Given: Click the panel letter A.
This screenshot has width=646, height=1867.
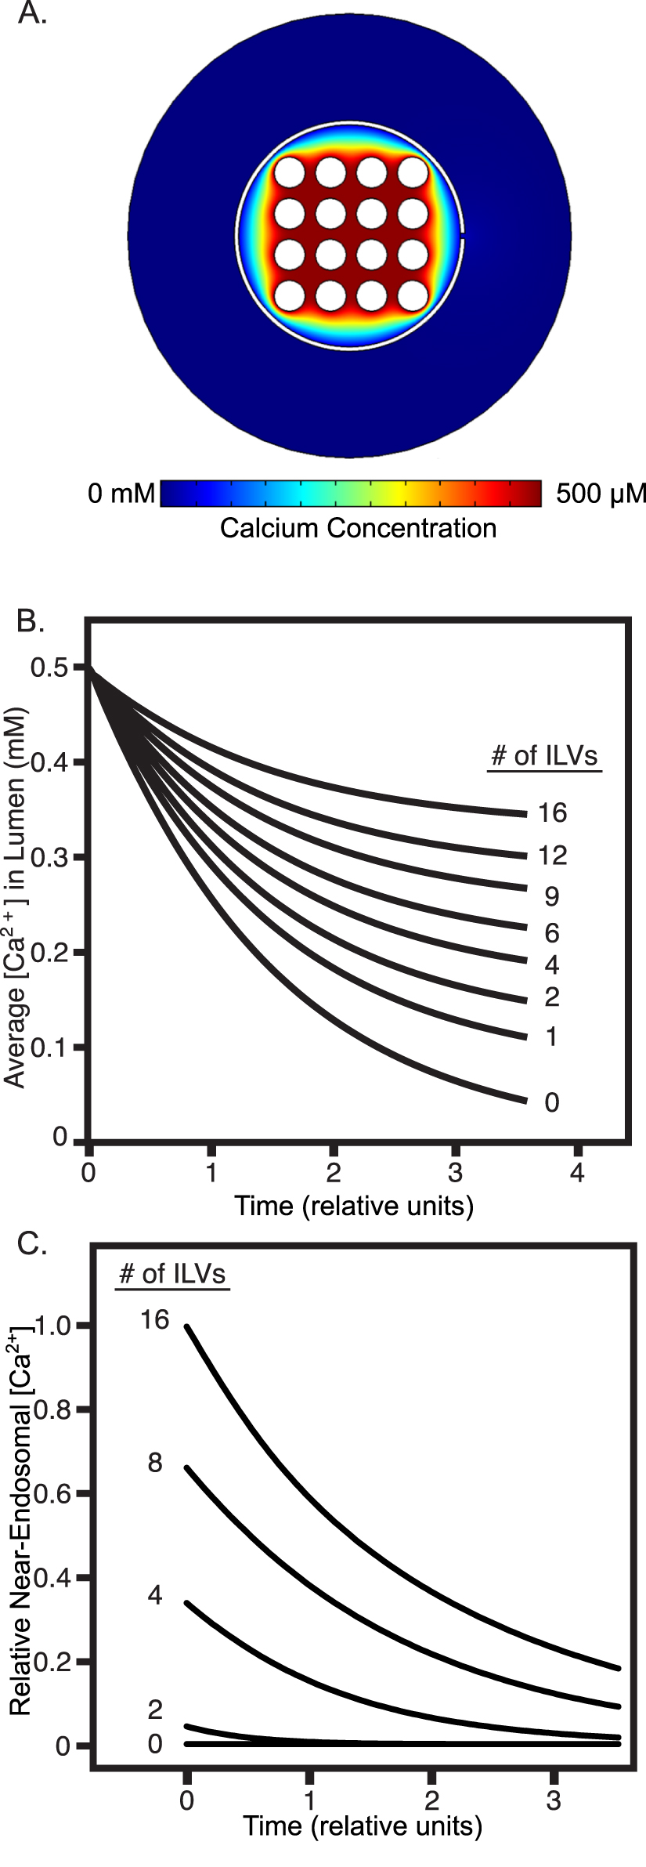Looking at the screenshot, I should (32, 13).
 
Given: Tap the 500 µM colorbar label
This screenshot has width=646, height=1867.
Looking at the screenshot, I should (601, 494).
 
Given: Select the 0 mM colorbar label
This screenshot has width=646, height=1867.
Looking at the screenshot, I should (121, 494).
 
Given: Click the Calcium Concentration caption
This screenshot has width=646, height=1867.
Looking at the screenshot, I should (358, 528).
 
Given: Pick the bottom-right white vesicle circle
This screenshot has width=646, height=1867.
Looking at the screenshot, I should (412, 297).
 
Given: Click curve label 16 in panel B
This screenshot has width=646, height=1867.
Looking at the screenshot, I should (552, 813).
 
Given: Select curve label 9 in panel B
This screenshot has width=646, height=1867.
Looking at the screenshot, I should (552, 896).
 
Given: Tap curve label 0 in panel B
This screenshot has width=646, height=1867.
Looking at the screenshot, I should (552, 1102).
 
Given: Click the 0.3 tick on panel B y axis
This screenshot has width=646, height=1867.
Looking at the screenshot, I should (49, 857).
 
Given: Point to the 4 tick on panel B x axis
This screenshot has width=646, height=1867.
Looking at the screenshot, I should (577, 1173).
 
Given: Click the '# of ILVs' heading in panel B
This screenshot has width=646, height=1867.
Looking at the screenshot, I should (544, 756).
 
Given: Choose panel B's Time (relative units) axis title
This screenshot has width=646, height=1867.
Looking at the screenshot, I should (354, 1205).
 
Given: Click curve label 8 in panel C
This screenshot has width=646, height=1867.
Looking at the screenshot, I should (155, 1462).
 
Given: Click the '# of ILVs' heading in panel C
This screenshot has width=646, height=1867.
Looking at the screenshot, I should (171, 1274).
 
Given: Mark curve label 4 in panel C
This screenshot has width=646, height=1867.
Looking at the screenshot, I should (155, 1594).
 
